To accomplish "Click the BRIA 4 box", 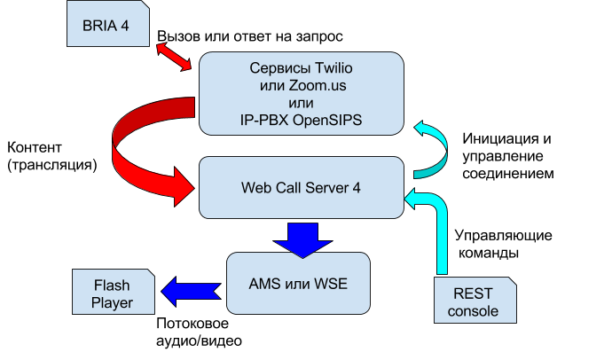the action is pyautogui.click(x=108, y=24).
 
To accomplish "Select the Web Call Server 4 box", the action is pyautogui.click(x=302, y=188).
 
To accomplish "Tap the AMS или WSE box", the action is pyautogui.click(x=298, y=284).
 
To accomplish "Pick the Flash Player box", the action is pyautogui.click(x=114, y=292).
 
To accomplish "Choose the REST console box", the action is pyautogui.click(x=475, y=301).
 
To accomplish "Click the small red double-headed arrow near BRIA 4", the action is pyautogui.click(x=174, y=58).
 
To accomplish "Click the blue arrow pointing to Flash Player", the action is pyautogui.click(x=192, y=292).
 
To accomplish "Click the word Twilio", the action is pyautogui.click(x=333, y=68).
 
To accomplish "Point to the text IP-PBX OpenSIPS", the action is pyautogui.click(x=301, y=120).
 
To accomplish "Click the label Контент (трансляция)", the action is pyautogui.click(x=52, y=156).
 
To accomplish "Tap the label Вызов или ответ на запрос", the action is pyautogui.click(x=250, y=36).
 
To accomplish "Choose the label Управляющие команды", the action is pyautogui.click(x=504, y=244).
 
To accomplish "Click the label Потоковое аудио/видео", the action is pyautogui.click(x=199, y=332).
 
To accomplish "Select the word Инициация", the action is pyautogui.click(x=497, y=138).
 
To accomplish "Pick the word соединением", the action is pyautogui.click(x=508, y=174).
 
